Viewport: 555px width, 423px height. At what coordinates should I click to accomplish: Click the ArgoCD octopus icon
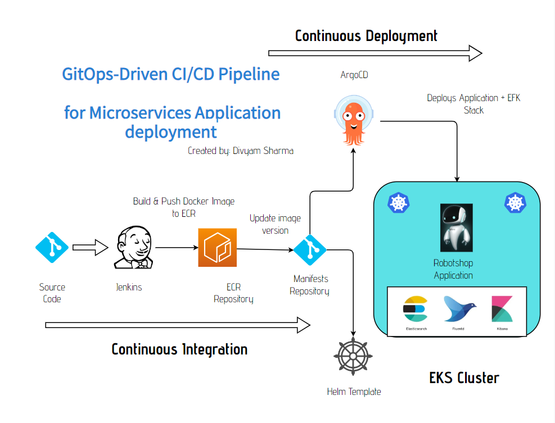353,120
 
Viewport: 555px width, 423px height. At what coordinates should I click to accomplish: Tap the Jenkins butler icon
133,248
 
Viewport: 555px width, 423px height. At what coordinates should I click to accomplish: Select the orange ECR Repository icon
217,247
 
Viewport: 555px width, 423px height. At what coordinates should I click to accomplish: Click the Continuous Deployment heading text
366,36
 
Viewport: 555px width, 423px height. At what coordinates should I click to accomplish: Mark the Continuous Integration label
179,349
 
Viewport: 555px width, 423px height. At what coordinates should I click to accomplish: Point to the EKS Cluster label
464,377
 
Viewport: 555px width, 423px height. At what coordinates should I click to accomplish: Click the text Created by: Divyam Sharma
241,151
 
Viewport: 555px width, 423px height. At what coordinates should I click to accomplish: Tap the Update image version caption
275,224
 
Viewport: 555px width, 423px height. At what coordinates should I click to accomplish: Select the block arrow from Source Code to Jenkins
89,247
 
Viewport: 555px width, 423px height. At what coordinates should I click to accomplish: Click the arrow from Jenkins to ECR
176,247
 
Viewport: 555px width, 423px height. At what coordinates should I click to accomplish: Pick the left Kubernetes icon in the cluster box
398,203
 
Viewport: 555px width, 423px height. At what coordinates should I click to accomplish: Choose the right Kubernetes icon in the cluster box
515,203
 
